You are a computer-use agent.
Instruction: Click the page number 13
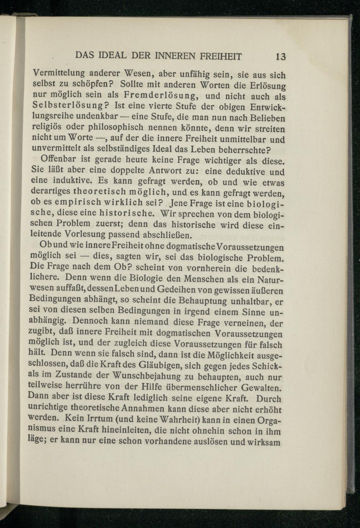coord(280,57)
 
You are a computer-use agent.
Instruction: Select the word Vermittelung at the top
coord(58,73)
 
